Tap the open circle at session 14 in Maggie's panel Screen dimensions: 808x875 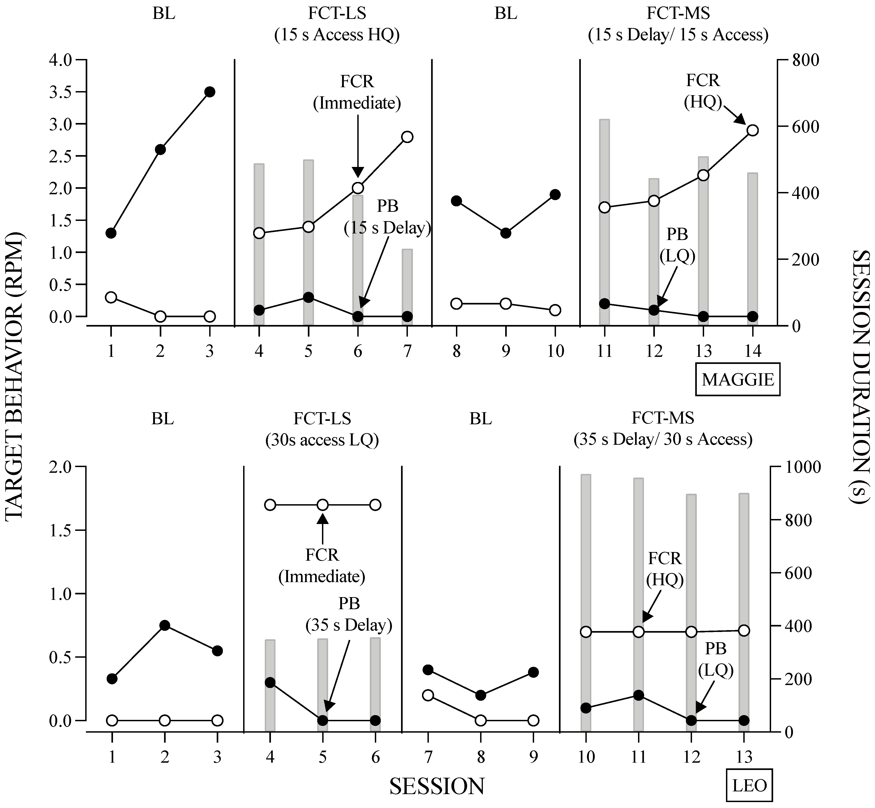coord(752,130)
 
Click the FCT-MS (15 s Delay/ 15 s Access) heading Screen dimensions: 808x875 coord(678,24)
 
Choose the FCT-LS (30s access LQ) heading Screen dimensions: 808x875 coord(322,429)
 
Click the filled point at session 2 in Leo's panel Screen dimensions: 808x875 coord(165,625)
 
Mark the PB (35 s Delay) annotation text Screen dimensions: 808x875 coord(349,614)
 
